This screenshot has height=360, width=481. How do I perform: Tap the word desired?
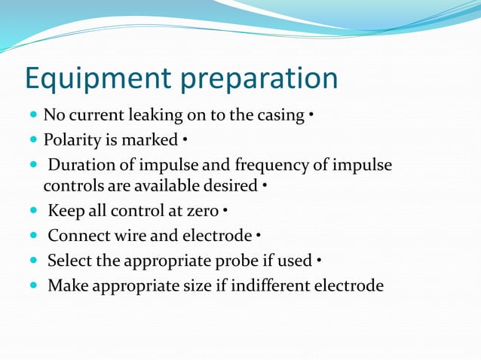(230, 185)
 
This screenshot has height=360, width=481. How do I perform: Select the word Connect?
(76, 236)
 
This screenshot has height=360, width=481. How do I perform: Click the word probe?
(253, 261)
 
